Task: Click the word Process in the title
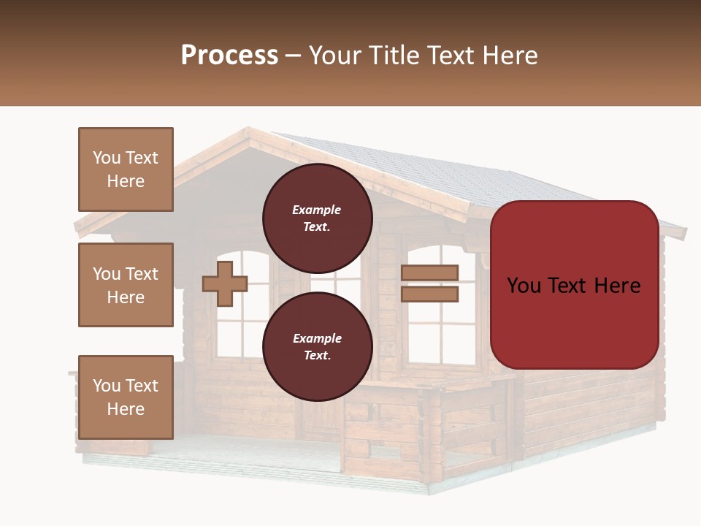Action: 229,56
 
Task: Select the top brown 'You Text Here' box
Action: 126,169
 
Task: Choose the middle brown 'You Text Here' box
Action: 126,285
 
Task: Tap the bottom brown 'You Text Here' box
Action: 126,397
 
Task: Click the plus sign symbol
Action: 225,283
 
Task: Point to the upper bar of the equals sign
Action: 430,272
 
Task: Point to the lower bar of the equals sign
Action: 430,294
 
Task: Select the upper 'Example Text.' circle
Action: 317,218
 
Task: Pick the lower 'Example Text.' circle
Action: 317,346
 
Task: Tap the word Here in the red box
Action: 616,286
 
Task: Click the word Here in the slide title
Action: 509,56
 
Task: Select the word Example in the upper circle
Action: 317,210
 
